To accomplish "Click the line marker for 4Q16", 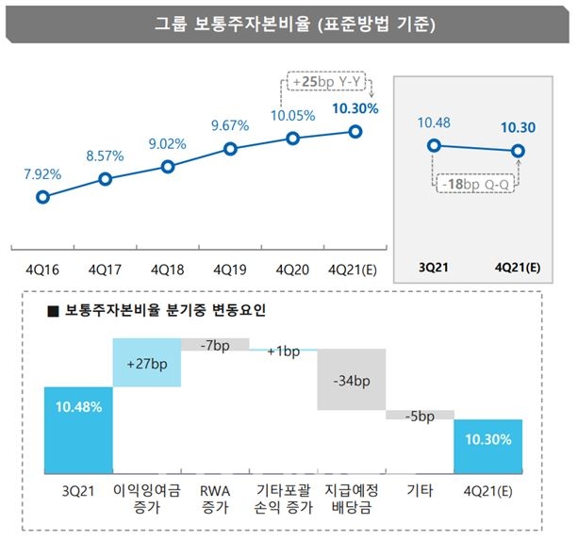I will coord(42,197).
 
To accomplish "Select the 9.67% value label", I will coord(230,124).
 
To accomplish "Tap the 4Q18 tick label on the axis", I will coord(167,269).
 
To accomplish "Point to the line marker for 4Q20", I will coord(292,139).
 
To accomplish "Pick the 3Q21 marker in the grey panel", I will coord(434,144).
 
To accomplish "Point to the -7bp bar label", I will coord(214,345).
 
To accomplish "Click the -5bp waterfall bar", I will coord(419,414).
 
